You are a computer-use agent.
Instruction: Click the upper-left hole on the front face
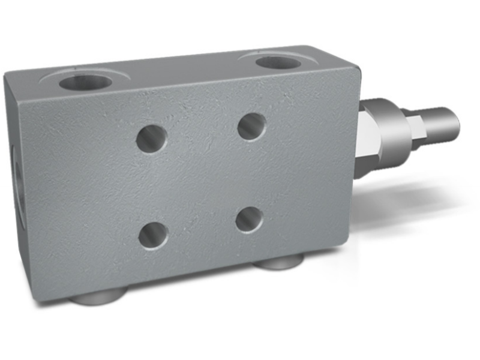tap(151, 139)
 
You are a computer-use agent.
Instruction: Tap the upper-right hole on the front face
tap(251, 127)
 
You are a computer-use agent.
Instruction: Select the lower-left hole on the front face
tap(153, 235)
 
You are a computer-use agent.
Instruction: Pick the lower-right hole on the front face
tap(249, 220)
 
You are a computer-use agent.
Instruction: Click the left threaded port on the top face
tap(86, 82)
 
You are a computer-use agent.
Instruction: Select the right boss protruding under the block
tap(277, 262)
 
